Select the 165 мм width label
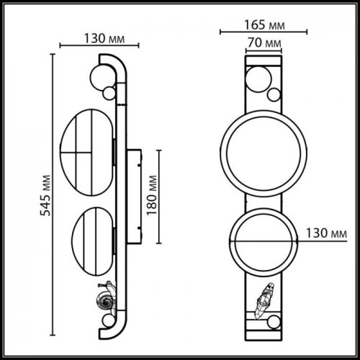pos(264,25)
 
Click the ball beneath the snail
pos(109,320)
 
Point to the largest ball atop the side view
pos(101,74)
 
